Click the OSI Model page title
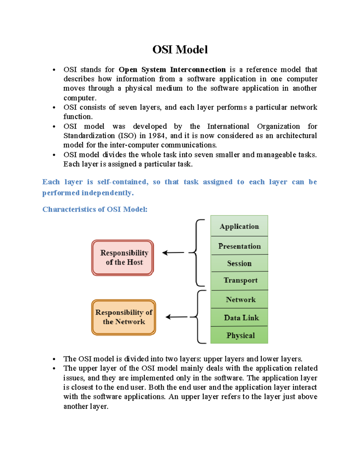(180, 50)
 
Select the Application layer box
(239, 226)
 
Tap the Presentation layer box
(239, 246)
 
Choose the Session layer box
(239, 263)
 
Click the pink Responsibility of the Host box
(123, 258)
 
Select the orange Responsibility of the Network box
(124, 317)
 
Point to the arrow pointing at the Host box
(173, 253)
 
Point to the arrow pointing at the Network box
(176, 317)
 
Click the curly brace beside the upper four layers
(197, 253)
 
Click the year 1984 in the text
(156, 136)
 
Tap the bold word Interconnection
(198, 70)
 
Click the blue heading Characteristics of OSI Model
(95, 209)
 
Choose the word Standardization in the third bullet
(89, 136)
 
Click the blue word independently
(107, 193)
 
